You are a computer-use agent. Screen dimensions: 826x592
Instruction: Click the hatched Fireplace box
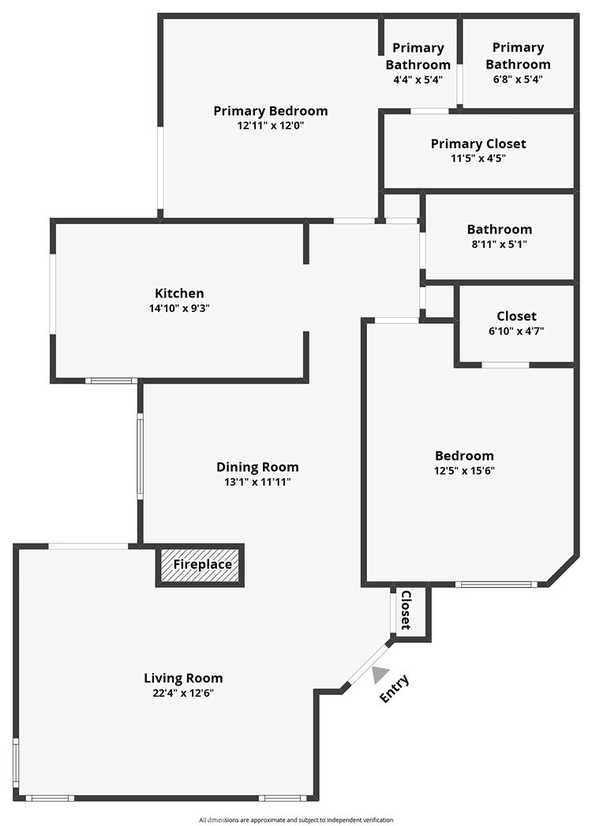202,565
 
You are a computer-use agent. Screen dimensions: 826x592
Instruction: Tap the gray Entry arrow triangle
380,675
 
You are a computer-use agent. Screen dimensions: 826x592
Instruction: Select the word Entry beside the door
395,689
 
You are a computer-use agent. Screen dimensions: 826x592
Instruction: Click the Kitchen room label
179,293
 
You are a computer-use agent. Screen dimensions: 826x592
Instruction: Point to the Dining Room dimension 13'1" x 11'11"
257,482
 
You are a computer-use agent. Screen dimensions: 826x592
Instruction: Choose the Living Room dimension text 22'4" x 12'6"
183,693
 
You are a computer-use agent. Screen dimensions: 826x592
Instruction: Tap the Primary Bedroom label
270,110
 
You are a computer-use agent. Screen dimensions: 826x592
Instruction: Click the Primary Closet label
478,144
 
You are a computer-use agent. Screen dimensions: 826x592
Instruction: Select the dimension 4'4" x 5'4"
418,79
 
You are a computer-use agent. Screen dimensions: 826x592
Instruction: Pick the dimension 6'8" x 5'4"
518,79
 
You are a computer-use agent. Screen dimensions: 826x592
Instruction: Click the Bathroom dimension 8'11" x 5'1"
499,245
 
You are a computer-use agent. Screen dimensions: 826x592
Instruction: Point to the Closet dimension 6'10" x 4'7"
516,331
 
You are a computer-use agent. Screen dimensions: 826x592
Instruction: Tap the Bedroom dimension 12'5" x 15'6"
464,471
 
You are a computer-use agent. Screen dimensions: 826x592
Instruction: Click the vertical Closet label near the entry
406,610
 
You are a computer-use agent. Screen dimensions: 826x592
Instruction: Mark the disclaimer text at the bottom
296,820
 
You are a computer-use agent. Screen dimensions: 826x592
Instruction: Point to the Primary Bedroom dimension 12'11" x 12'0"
270,125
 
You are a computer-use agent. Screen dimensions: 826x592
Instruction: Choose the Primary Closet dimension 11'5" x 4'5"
478,158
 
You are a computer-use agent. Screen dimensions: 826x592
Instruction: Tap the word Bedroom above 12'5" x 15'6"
464,456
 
